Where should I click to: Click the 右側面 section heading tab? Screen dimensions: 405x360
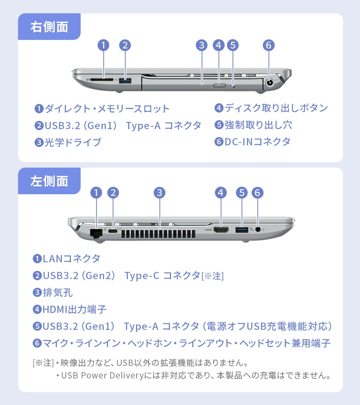pos(49,27)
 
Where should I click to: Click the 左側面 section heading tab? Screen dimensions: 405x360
pos(49,181)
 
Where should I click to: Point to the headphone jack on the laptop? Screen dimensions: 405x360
pos(258,229)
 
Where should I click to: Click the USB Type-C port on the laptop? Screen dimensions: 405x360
pos(113,230)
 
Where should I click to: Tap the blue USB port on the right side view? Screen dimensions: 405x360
pos(125,80)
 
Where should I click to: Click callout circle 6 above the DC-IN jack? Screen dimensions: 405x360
pos(269,45)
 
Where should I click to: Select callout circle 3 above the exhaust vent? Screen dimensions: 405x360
pos(159,193)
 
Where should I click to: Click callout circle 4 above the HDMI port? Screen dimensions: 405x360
pos(221,193)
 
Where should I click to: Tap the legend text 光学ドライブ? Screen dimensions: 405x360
pos(73,142)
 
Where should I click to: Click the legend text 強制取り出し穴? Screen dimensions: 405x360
pos(258,125)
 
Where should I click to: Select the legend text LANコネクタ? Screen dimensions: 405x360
pos(71,258)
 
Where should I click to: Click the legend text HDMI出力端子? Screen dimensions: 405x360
pos(75,309)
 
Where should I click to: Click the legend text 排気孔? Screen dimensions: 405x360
pos(58,292)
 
